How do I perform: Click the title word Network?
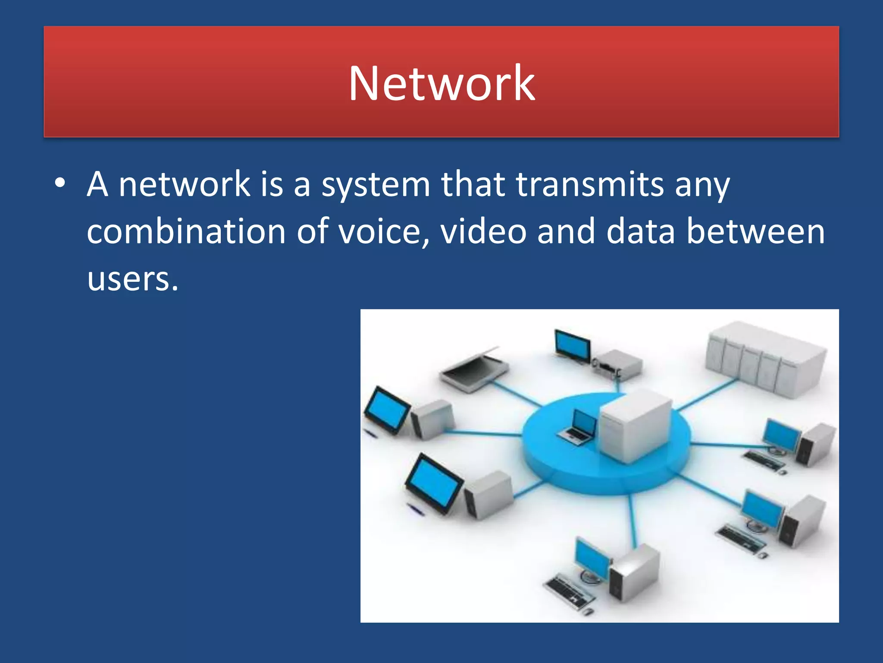click(441, 83)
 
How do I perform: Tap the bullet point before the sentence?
click(60, 183)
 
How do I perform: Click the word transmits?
click(589, 184)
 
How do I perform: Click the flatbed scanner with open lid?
click(474, 369)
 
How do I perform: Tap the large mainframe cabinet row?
click(765, 358)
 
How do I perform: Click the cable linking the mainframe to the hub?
click(705, 395)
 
